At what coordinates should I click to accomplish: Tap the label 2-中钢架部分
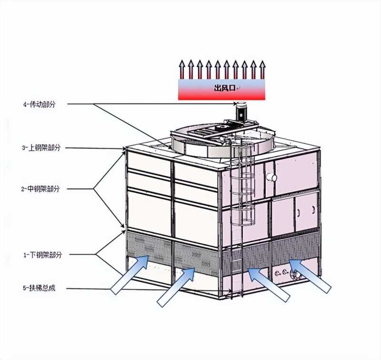(40, 189)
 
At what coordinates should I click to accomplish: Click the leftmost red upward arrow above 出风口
(181, 70)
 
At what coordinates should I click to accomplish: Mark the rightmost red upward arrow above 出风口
(261, 70)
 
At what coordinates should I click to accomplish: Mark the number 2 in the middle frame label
(22, 189)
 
